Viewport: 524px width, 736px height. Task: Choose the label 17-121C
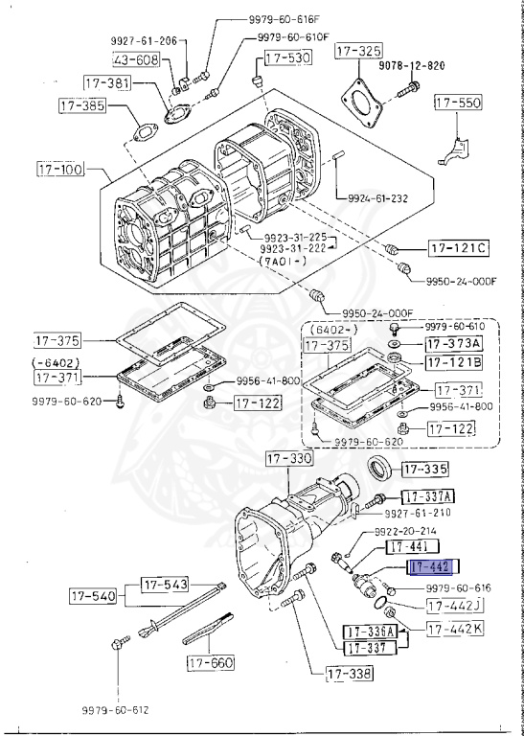tap(458, 249)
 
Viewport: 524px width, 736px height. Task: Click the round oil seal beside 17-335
tap(380, 470)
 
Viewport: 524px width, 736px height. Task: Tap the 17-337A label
tap(427, 496)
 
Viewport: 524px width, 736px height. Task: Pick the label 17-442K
tap(456, 630)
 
